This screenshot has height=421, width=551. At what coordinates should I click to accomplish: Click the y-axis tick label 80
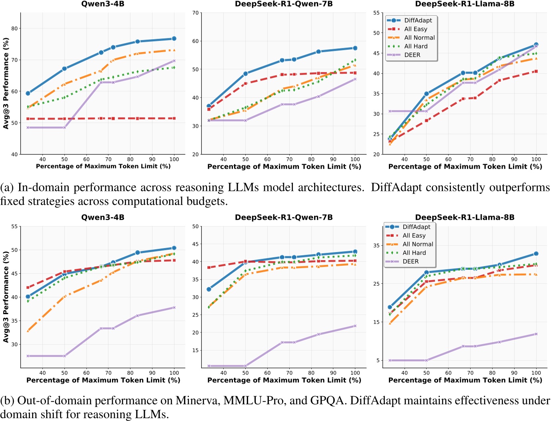14,28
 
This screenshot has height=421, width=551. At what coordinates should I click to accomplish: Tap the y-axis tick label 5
377,360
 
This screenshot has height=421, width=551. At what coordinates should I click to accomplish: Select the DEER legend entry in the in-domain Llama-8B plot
412,55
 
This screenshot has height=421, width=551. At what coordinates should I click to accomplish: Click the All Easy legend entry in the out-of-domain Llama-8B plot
414,235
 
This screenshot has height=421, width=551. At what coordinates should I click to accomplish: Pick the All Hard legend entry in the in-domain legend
415,46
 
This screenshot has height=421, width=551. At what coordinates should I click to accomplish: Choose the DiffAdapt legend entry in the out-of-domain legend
416,227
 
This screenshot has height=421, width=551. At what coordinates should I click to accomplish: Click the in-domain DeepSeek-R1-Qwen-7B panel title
284,4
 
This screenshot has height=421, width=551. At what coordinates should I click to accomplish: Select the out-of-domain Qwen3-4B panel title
103,217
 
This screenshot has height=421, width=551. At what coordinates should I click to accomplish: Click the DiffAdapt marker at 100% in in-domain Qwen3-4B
174,39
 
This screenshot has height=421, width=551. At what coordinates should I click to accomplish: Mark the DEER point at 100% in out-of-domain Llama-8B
536,334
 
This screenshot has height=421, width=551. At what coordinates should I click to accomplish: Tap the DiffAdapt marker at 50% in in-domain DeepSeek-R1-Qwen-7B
245,74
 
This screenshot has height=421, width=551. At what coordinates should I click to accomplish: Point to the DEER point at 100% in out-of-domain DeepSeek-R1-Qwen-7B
355,326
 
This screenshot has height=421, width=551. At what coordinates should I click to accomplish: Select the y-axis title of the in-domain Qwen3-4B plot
6,83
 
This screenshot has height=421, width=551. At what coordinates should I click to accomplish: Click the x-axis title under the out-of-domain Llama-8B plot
465,380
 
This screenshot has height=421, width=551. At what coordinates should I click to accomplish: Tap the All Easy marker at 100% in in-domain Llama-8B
536,71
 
